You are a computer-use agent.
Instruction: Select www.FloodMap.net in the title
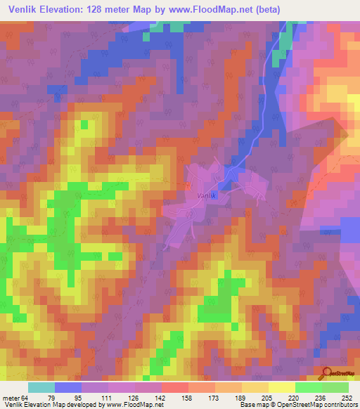[x=239, y=11]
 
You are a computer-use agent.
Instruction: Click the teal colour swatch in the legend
[x=41, y=387]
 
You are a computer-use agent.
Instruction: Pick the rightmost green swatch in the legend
[x=335, y=387]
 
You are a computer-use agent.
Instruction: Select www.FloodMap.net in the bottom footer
[x=134, y=405]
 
